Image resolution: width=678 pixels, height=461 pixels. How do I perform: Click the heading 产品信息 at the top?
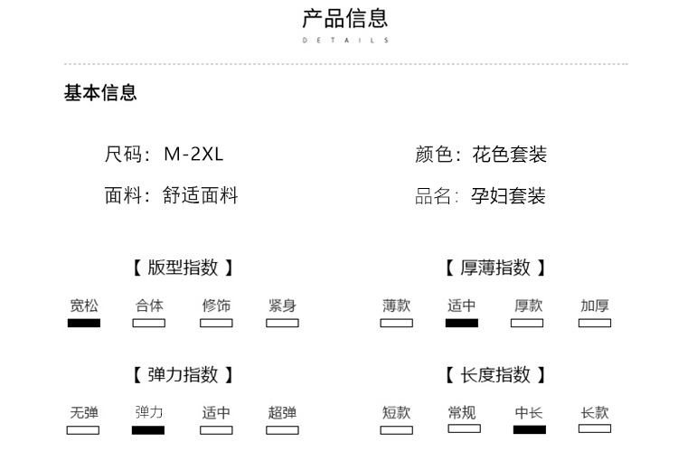point(344,18)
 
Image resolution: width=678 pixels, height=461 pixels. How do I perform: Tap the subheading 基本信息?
point(100,93)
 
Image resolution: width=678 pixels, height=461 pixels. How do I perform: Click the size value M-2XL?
point(193,155)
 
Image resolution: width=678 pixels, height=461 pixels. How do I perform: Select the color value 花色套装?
point(509,155)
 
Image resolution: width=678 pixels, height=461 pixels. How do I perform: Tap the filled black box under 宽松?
point(84,323)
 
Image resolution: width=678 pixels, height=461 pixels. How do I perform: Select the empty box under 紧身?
point(282,323)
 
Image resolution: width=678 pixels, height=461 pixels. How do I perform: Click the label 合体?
point(149,306)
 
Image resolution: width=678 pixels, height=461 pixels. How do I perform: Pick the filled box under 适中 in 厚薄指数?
point(462,323)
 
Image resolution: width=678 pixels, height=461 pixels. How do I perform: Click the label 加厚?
point(595,306)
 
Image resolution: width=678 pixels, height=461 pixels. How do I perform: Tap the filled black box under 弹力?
point(148,430)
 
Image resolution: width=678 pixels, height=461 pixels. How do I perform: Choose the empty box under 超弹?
point(282,430)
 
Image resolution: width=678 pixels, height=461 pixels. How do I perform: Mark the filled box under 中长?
point(529,429)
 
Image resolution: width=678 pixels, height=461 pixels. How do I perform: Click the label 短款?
point(396,413)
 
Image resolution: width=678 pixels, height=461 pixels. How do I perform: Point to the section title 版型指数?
point(183,268)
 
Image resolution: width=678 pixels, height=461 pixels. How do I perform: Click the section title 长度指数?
point(496,375)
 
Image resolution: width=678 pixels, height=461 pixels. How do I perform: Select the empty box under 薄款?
point(396,323)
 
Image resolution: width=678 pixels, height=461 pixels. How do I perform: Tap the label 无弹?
point(84,413)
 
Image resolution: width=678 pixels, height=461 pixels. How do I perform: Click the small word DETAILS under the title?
point(344,41)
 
